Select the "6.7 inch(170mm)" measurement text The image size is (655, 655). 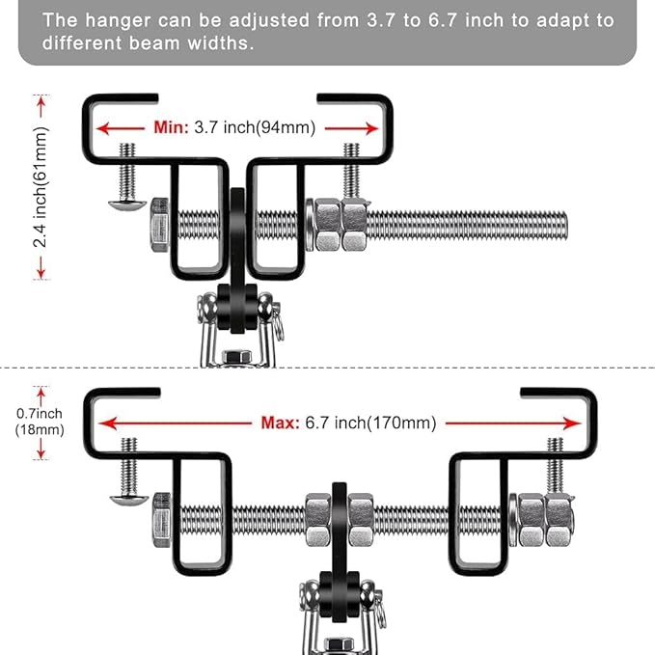tap(369, 423)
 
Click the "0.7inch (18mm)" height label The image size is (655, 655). tap(39, 422)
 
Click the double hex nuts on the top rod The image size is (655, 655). tap(340, 225)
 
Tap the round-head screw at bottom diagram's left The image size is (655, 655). tap(127, 497)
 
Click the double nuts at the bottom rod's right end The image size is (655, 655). tap(545, 519)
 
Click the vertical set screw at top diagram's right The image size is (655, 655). tap(352, 170)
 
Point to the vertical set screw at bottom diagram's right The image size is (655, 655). tap(555, 464)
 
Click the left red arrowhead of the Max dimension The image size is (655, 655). tap(108, 423)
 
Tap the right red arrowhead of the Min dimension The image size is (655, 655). tap(372, 127)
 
